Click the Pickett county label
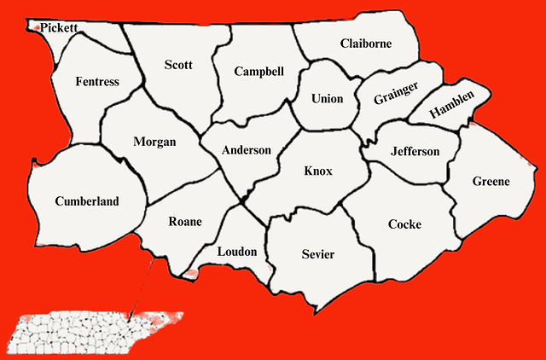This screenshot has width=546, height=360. pyautogui.click(x=58, y=27)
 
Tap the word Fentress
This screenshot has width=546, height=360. pyautogui.click(x=96, y=82)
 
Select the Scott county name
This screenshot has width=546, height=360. pyautogui.click(x=178, y=65)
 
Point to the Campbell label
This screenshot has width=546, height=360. pyautogui.click(x=258, y=72)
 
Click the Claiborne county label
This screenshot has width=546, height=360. pyautogui.click(x=365, y=44)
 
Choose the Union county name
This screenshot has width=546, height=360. pyautogui.click(x=327, y=99)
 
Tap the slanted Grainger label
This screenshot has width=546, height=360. pyautogui.click(x=396, y=93)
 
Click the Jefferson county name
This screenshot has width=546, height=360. pyautogui.click(x=415, y=152)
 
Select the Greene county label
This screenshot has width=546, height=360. pyautogui.click(x=491, y=181)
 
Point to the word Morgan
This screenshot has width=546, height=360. pyautogui.click(x=154, y=142)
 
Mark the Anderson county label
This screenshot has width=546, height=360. pyautogui.click(x=246, y=150)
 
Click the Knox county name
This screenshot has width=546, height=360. pyautogui.click(x=318, y=171)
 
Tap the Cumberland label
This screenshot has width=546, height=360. pyautogui.click(x=86, y=201)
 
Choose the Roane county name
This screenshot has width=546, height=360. pyautogui.click(x=184, y=222)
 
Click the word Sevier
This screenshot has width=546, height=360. pyautogui.click(x=318, y=254)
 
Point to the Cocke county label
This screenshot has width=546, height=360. pyautogui.click(x=404, y=224)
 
